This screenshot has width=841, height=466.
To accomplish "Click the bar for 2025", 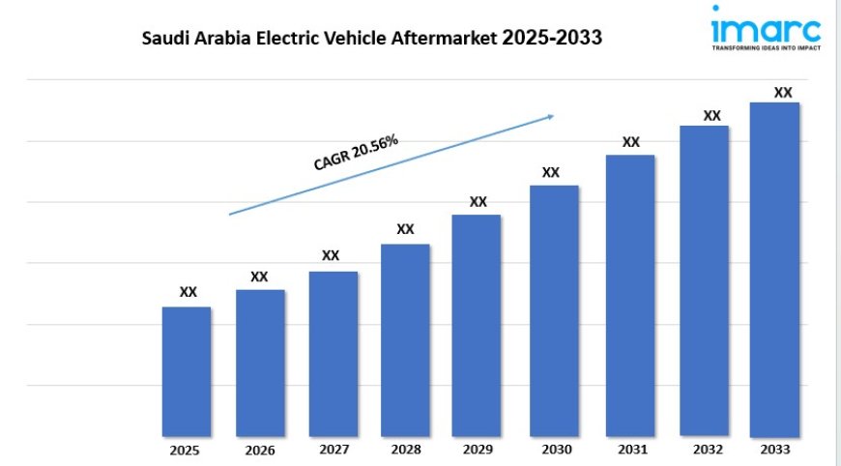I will point(186,371).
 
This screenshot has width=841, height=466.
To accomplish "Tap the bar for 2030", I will point(554,310).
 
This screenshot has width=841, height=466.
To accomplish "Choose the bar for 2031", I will point(630,295).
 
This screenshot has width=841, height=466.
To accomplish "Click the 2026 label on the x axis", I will point(260,451).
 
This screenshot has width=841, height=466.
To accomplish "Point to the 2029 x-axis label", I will point(478,450).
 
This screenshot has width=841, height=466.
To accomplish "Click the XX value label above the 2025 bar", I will point(188,291).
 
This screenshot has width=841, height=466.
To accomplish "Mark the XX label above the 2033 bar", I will point(783,93).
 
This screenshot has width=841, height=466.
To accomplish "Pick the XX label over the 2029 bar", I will point(478,201).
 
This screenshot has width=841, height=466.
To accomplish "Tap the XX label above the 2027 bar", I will point(331,255).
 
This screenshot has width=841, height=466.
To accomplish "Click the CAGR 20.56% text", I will point(356,153).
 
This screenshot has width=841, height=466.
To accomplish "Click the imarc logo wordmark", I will point(766,26).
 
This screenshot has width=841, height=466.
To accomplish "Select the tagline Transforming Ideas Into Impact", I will point(766,46).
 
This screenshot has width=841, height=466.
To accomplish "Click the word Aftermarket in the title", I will point(447,40).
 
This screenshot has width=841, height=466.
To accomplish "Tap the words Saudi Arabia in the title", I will point(190,40).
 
